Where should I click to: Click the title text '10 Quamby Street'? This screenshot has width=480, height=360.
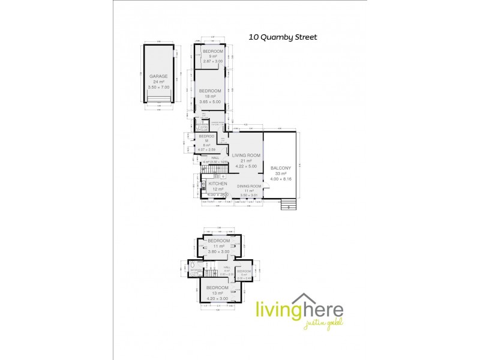coord(283,37)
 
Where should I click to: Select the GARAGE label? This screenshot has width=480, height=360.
coord(158,76)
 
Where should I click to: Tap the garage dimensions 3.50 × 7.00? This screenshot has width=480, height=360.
coord(158,87)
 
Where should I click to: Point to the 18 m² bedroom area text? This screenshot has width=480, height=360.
coord(210,97)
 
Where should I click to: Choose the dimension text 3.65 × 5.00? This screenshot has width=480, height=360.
coord(210,102)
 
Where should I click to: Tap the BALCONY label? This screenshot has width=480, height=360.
coord(281,168)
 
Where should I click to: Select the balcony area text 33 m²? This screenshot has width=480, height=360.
coord(281,173)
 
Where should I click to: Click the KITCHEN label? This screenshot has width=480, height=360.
coord(217,184)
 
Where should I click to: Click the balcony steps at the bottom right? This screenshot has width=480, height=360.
coord(289,204)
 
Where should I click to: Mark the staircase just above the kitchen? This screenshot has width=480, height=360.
coord(221,172)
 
